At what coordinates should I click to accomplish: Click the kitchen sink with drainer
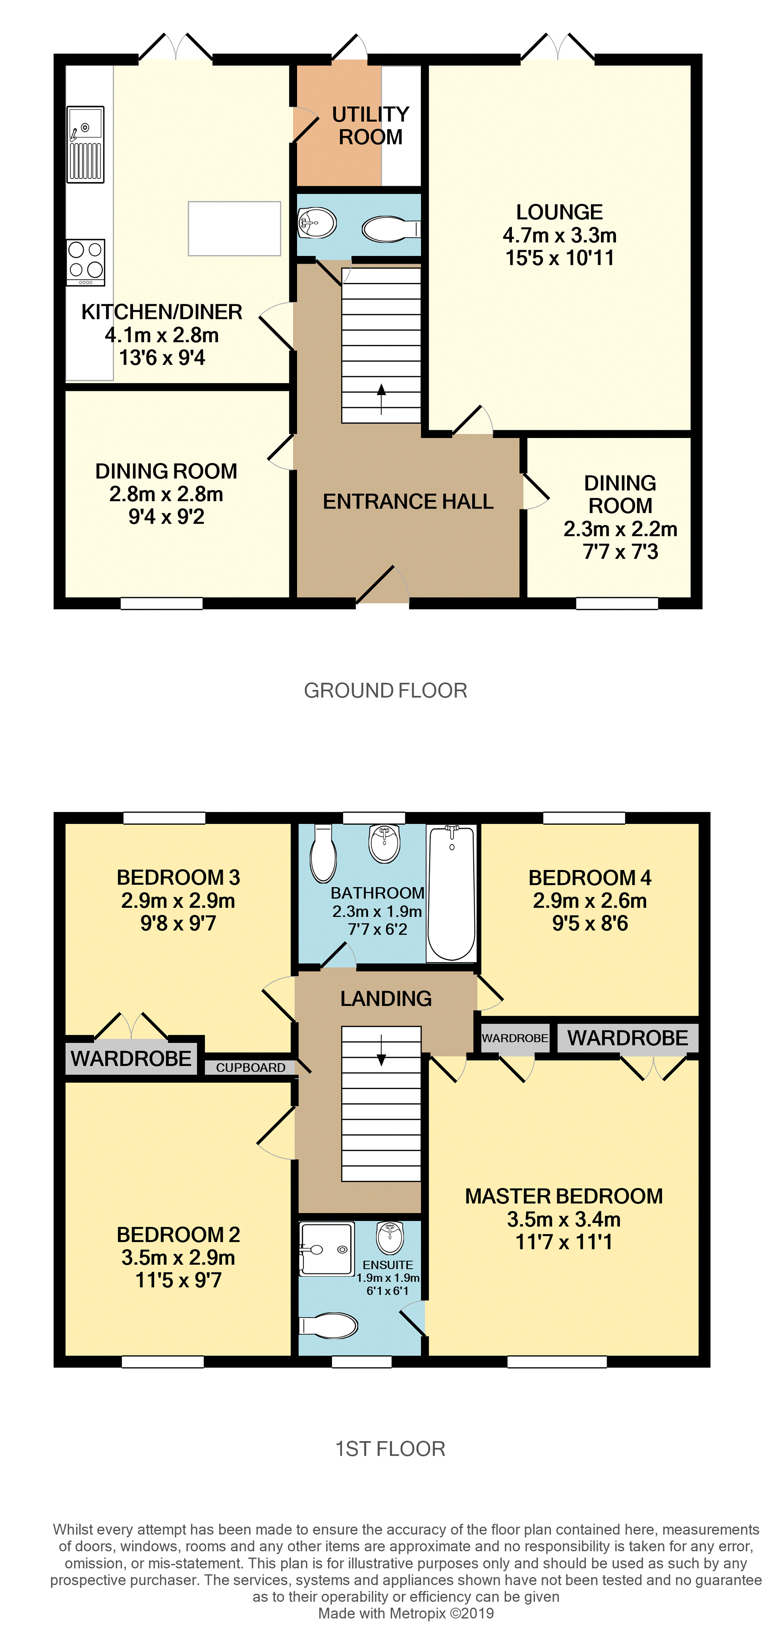85,144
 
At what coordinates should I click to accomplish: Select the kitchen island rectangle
234,228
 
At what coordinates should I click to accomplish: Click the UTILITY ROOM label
371,125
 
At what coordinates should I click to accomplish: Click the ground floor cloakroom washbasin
317,223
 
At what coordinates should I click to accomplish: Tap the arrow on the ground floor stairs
381,399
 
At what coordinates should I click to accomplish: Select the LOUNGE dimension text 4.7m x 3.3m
560,235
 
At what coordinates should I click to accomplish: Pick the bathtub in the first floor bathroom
451,892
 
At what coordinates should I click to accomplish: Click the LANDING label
386,998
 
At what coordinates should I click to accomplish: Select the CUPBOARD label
251,1067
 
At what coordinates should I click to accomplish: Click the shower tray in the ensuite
326,1249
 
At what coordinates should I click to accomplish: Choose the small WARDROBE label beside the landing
515,1038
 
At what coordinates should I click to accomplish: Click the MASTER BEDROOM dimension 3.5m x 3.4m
564,1219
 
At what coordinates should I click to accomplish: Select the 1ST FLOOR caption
390,1448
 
